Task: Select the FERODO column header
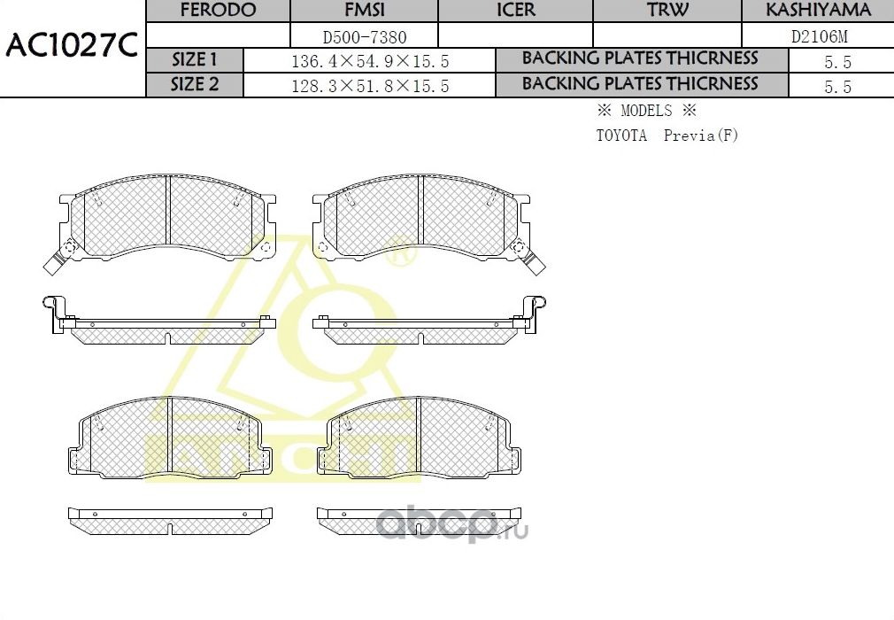coord(218,11)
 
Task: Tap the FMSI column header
coord(364,11)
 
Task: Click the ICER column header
coord(515,11)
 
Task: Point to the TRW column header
coord(667,11)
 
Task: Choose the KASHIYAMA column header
coord(817,11)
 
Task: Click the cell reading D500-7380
coord(364,36)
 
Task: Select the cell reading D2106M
coord(817,36)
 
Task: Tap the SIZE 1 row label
coord(194,60)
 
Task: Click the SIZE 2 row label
coord(194,85)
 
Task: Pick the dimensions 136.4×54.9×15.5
coord(369,61)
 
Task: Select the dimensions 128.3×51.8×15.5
coord(369,86)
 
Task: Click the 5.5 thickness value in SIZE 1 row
coord(836,62)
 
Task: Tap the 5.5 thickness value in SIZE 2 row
coord(836,87)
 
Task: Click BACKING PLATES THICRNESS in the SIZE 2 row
coord(640,84)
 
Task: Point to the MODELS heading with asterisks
coord(646,112)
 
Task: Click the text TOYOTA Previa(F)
coord(666,136)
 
